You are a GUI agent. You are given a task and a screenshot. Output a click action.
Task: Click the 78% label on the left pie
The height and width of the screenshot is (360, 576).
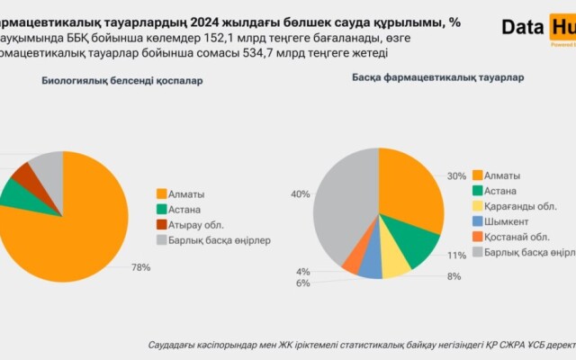(x=140, y=267)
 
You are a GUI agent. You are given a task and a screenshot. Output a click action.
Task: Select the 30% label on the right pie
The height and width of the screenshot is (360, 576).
(x=456, y=175)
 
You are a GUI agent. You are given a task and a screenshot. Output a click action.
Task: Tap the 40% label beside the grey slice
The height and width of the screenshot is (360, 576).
(x=300, y=193)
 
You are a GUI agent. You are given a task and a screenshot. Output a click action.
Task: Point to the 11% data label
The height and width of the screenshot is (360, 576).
(x=456, y=256)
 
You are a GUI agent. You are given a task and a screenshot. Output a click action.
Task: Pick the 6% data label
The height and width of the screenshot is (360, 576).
(x=303, y=283)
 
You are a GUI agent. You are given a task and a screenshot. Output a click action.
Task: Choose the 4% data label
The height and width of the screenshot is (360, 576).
(x=303, y=271)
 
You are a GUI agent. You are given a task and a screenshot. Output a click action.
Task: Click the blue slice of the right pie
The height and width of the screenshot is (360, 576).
(x=370, y=265)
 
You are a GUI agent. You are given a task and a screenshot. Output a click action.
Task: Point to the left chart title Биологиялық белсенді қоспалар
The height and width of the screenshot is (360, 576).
(x=122, y=81)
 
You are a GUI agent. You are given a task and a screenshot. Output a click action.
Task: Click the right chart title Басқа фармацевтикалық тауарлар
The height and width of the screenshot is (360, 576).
(x=439, y=77)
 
